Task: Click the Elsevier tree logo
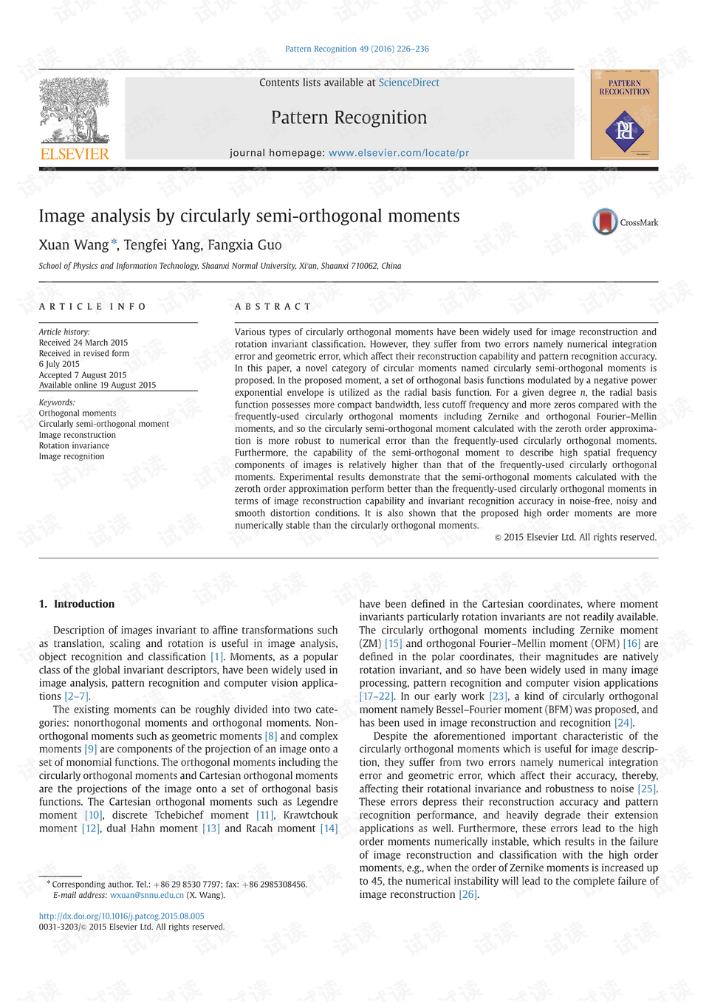click(x=74, y=111)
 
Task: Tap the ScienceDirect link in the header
click(x=408, y=83)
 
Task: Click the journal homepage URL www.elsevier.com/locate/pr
click(x=399, y=153)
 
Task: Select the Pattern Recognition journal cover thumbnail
click(x=624, y=114)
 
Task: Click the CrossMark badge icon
click(x=606, y=222)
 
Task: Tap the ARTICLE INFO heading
click(x=92, y=306)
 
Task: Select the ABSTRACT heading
click(x=273, y=306)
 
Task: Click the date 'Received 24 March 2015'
click(x=83, y=343)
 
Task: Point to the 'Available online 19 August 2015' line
click(x=97, y=385)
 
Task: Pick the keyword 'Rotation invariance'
click(x=74, y=445)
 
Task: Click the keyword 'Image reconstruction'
click(x=78, y=435)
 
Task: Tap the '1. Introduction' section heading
click(x=77, y=604)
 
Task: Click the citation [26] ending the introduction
click(x=468, y=894)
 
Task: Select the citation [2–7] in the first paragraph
click(x=76, y=696)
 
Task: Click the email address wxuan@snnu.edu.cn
click(x=147, y=895)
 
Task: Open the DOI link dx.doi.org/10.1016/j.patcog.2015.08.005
click(x=122, y=916)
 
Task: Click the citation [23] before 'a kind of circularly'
click(x=499, y=696)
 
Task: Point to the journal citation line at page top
click(x=357, y=49)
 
